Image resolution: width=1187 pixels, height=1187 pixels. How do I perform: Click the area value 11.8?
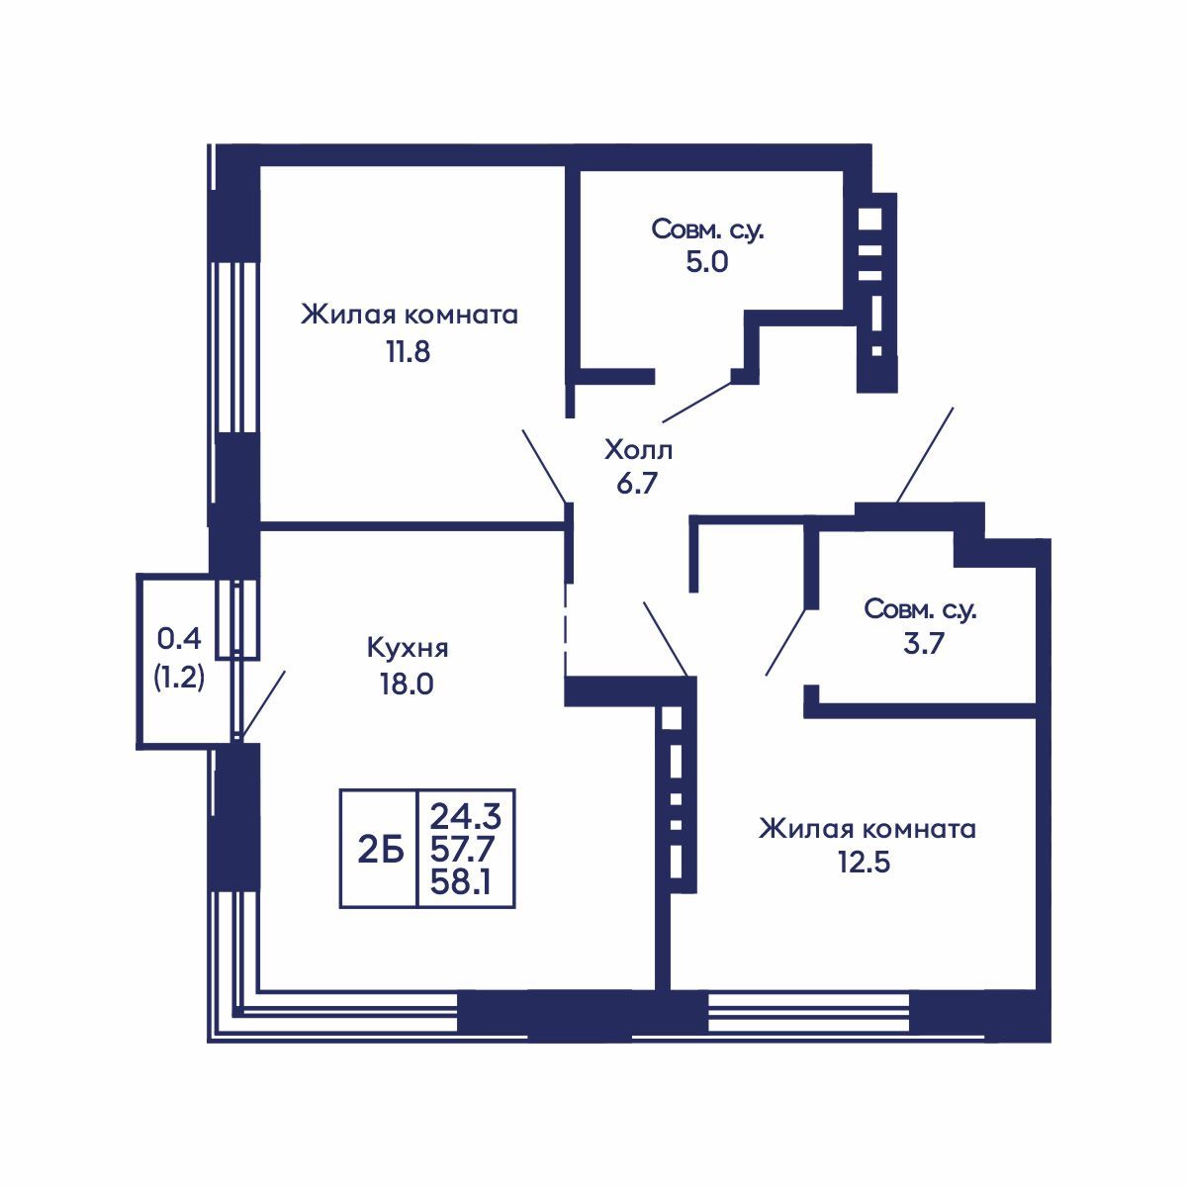408,353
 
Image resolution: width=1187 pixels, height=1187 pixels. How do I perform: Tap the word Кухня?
408,649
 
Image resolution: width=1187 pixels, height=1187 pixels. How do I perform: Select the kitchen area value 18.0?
408,684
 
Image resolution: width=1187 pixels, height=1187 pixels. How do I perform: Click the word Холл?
638,451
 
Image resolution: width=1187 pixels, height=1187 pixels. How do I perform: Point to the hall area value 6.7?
638,484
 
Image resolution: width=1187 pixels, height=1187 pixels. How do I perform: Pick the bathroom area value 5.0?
707,262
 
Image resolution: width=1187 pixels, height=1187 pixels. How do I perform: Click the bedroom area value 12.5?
864,863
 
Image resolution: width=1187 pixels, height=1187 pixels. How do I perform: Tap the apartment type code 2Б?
381,851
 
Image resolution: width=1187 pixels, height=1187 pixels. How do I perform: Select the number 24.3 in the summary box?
466,818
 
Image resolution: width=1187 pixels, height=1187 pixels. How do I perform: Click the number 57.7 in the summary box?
463,851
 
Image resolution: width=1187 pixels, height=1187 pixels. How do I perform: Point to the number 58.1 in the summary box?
461,884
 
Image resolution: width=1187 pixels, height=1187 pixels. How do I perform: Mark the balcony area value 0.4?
179,639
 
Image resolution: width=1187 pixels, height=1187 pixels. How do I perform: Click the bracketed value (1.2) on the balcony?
179,679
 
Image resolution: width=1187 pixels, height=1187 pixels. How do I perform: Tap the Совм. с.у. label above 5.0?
708,229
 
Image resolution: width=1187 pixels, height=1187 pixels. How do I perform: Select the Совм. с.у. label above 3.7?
920,610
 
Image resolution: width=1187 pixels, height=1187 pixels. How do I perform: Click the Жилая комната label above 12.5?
867,829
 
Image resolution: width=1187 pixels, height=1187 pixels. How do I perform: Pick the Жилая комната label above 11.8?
410,316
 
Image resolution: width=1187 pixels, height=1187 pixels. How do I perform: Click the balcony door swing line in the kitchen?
262,705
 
